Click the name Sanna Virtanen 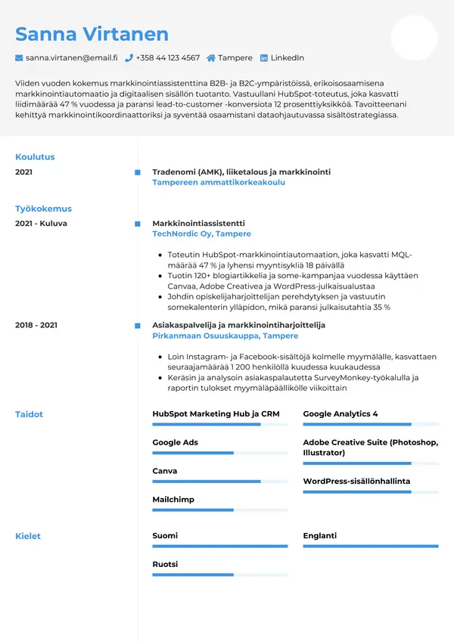92,34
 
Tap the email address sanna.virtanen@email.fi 71,57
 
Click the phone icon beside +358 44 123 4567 129,57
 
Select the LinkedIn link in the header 287,57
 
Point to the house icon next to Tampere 211,57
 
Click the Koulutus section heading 35,157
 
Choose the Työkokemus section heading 43,209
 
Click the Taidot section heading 29,414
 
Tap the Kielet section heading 28,536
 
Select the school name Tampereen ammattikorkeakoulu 219,182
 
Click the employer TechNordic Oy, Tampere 201,234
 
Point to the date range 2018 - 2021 36,325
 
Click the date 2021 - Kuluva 41,224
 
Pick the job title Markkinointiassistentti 198,224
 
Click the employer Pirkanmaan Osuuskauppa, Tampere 225,336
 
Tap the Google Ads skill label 175,442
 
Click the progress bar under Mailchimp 219,510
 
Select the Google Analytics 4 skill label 340,414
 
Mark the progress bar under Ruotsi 219,575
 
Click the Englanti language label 319,536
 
